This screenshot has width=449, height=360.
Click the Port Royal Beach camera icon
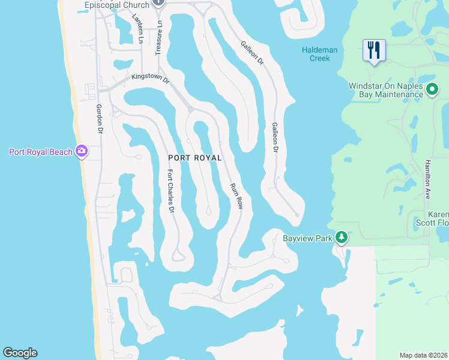point(82,151)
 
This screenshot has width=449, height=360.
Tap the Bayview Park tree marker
point(342,238)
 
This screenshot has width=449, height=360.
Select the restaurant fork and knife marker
point(373,50)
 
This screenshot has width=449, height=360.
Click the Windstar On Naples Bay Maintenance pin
point(433,90)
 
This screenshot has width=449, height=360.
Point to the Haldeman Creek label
point(315,54)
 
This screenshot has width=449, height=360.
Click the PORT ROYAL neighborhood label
point(195,158)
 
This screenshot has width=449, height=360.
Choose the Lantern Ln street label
point(137,28)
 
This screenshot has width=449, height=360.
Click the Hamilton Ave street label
point(427,179)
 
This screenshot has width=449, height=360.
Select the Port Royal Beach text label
point(40,152)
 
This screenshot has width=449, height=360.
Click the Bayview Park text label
point(307,238)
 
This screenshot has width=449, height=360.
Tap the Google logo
point(20,353)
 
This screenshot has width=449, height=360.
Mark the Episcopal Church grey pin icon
point(158,2)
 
